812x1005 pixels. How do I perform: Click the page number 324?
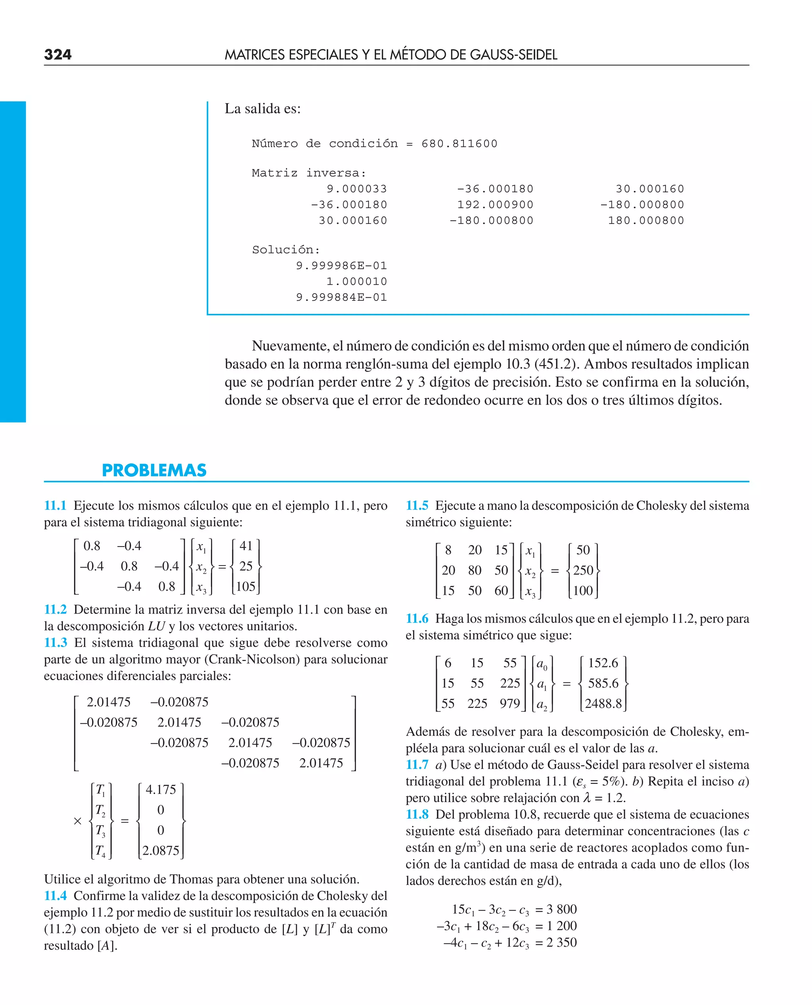pyautogui.click(x=57, y=55)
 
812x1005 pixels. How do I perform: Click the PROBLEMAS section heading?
pyautogui.click(x=154, y=470)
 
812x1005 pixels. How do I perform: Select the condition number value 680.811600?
pyautogui.click(x=459, y=143)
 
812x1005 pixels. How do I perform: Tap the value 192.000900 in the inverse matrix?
pyautogui.click(x=495, y=205)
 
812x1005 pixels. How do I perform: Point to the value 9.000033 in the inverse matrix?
pyautogui.click(x=356, y=189)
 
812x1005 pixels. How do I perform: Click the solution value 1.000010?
pyautogui.click(x=356, y=281)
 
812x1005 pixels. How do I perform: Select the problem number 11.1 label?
pyautogui.click(x=55, y=506)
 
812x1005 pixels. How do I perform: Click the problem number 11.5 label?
pyautogui.click(x=417, y=506)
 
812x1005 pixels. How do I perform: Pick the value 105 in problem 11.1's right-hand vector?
pyautogui.click(x=245, y=587)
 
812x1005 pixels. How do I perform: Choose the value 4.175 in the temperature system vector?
pyautogui.click(x=161, y=789)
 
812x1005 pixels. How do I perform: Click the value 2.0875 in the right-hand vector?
pyautogui.click(x=161, y=850)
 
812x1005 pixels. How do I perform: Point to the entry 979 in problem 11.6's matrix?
pyautogui.click(x=509, y=703)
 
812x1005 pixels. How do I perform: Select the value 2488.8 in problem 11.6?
pyautogui.click(x=603, y=703)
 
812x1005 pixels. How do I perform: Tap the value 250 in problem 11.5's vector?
pyautogui.click(x=583, y=570)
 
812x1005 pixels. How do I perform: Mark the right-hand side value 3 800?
pyautogui.click(x=561, y=909)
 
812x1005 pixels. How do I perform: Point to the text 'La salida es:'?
pyautogui.click(x=262, y=109)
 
